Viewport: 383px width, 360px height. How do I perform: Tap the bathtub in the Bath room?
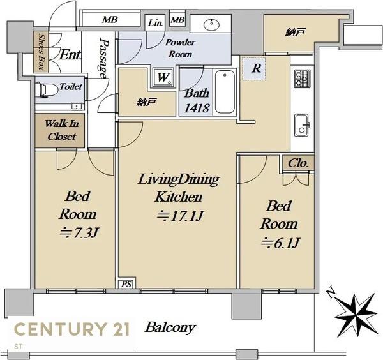225,92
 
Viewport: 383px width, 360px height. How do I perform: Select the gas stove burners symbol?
302,79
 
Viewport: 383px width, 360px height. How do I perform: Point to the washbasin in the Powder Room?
211,25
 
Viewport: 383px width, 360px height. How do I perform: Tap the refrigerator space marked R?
254,69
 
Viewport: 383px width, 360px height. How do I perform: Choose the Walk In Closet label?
61,130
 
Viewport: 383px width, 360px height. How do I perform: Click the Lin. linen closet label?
155,23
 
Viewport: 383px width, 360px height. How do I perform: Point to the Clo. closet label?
298,163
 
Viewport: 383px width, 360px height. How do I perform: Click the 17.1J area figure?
180,216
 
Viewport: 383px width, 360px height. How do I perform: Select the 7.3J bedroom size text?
79,232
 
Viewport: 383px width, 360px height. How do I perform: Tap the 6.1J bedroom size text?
280,243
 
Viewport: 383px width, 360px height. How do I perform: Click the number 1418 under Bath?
197,108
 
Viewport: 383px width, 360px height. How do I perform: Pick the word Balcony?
170,327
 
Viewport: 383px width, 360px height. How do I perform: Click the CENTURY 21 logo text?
72,329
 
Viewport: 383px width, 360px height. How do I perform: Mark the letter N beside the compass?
331,292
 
